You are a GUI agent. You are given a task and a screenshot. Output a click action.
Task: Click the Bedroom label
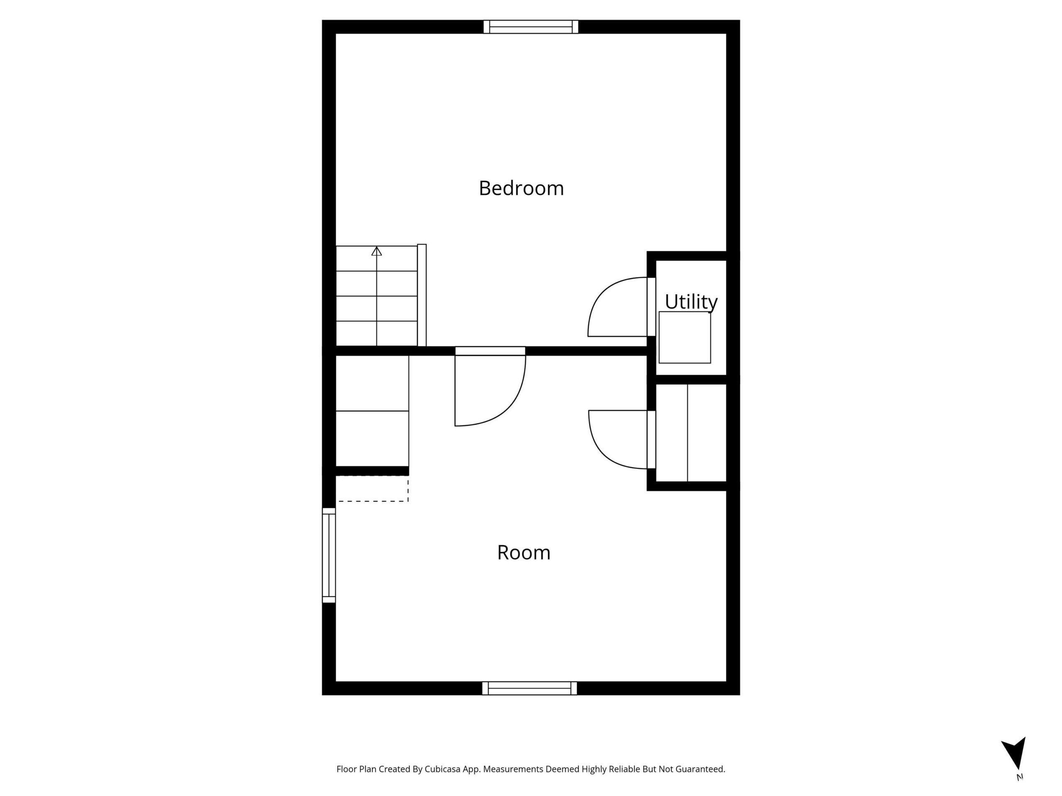click(x=521, y=188)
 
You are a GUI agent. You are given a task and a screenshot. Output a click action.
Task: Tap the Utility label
click(x=691, y=302)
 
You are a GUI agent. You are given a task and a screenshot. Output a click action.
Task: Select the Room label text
click(x=523, y=553)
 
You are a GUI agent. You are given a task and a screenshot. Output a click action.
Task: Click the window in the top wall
click(x=531, y=27)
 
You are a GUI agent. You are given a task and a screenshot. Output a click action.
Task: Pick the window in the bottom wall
click(x=530, y=688)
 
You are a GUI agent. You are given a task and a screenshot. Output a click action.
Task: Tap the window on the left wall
click(x=329, y=555)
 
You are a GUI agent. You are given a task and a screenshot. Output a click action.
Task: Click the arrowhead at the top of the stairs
click(x=376, y=251)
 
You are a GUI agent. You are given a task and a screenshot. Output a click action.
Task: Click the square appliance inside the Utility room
click(x=684, y=337)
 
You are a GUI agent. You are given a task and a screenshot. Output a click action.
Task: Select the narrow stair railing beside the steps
click(x=422, y=295)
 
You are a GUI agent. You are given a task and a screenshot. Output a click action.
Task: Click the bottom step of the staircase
click(x=376, y=333)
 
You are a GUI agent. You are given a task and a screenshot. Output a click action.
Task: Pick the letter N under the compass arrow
click(x=1020, y=777)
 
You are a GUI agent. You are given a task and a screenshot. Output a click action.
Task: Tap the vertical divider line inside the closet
click(x=687, y=433)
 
